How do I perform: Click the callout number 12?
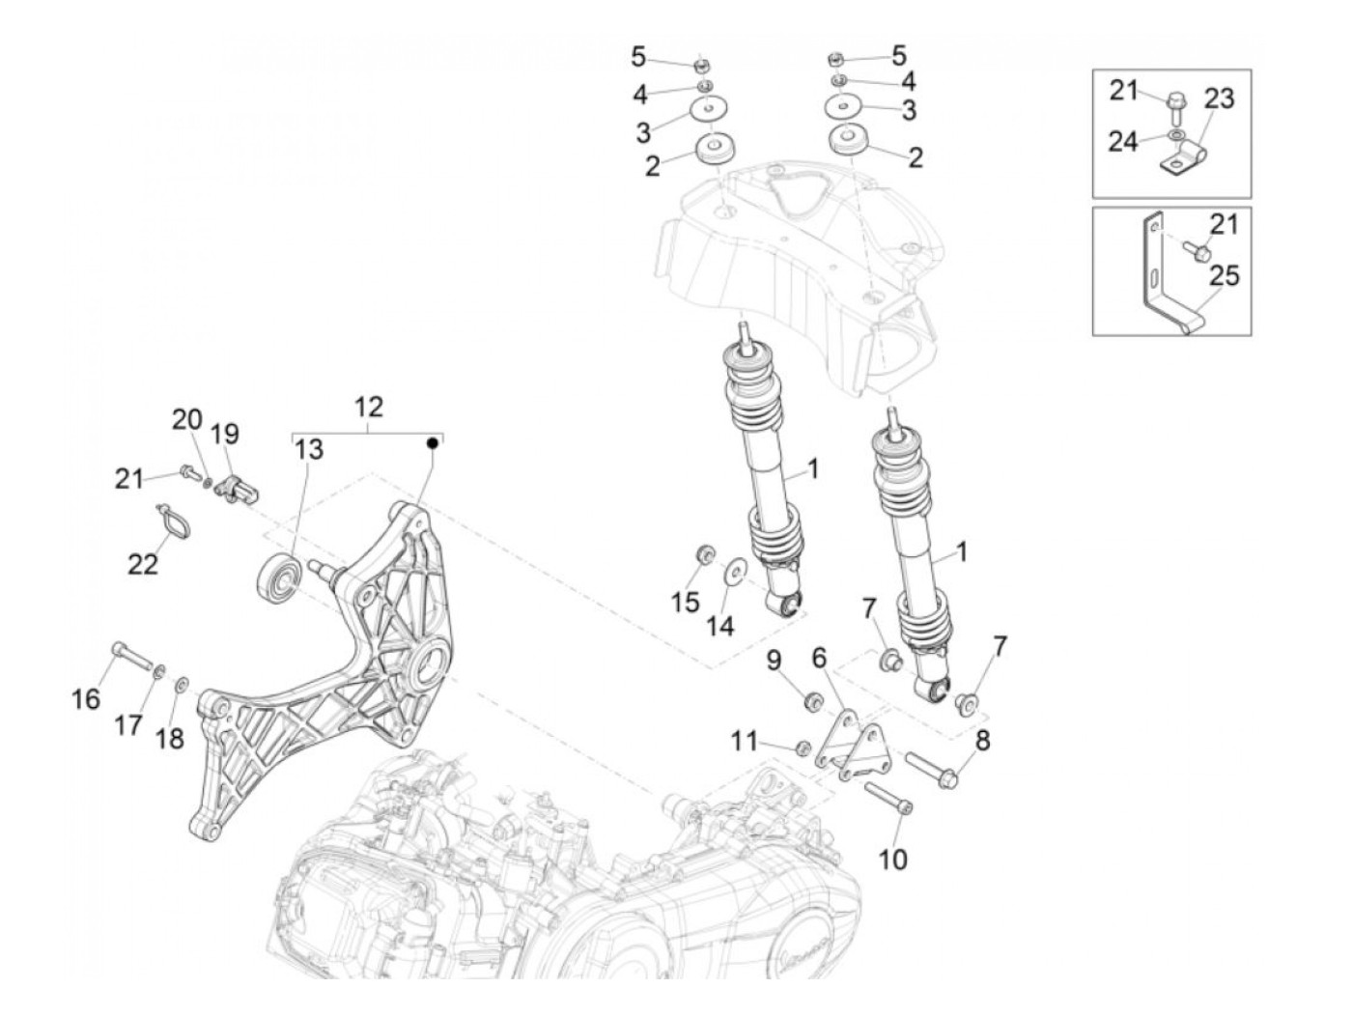368,407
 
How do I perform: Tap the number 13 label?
309,450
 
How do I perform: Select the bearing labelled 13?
278,577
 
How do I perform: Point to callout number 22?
142,563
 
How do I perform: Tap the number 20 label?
187,420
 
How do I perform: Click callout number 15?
685,602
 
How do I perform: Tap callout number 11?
744,741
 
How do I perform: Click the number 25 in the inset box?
1224,276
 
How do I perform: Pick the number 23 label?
1219,99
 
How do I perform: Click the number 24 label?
1122,142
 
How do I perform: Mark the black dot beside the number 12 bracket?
434,443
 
